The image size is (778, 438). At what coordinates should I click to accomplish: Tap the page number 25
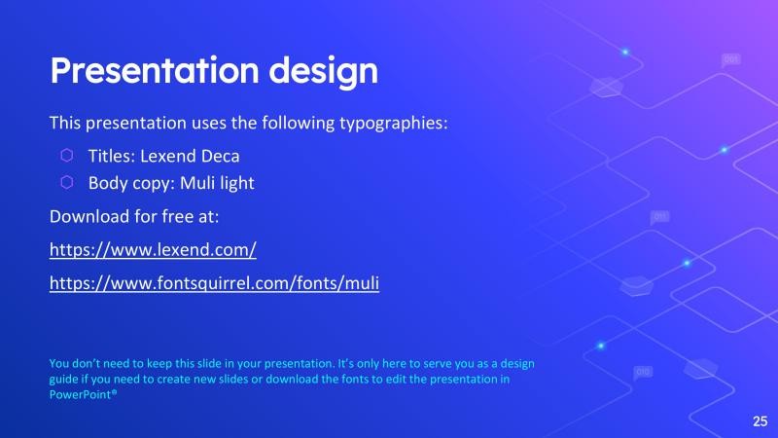(x=760, y=420)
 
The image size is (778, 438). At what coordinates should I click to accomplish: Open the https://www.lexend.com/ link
(x=153, y=250)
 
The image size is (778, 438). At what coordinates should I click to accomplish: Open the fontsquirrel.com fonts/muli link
(x=214, y=283)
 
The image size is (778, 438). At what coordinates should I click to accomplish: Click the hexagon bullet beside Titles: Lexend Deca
(x=66, y=155)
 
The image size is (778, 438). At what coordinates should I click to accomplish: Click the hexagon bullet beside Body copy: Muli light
(x=66, y=182)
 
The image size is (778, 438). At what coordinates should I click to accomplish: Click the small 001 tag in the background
(x=731, y=60)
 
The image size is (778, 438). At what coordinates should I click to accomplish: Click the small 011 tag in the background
(x=659, y=216)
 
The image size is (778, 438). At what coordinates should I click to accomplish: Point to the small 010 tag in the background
(x=643, y=372)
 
